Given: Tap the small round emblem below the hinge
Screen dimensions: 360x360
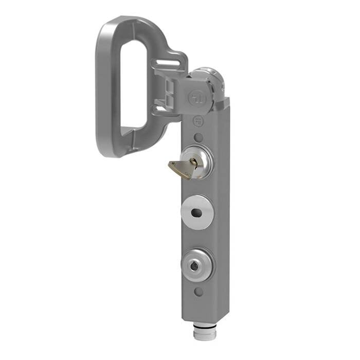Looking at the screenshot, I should (197, 121).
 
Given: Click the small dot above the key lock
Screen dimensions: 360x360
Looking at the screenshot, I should (198, 137).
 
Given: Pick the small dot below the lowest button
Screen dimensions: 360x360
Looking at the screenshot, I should (199, 292).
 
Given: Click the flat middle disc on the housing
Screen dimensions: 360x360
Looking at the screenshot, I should (197, 212).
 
